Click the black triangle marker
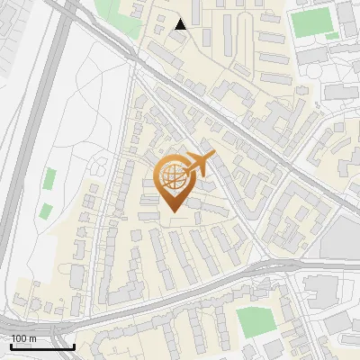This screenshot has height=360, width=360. [181, 24]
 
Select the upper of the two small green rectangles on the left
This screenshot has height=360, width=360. [50, 178]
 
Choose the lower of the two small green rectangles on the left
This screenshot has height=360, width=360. [45, 212]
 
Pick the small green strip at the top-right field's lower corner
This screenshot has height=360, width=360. [331, 36]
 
